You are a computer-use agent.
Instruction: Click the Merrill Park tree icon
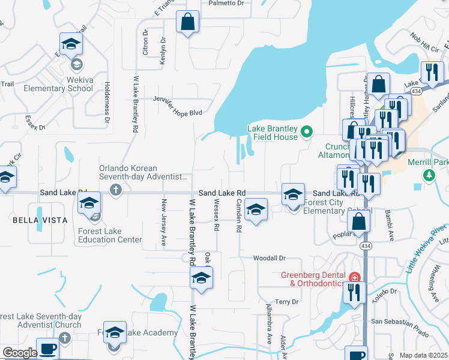pos(429,175)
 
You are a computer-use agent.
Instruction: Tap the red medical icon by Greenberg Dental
pos(354,278)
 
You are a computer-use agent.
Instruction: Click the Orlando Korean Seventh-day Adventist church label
pos(148,172)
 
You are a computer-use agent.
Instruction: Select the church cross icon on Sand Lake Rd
pos(116,190)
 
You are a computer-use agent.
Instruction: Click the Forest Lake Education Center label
pos(110,235)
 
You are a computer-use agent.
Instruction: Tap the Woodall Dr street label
pos(269,258)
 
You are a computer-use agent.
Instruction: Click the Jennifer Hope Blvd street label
pos(177,106)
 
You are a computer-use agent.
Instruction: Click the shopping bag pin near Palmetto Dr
pos(188,22)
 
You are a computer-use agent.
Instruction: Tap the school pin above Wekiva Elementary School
pos(71,44)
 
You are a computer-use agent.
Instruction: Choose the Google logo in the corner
pos(20,353)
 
